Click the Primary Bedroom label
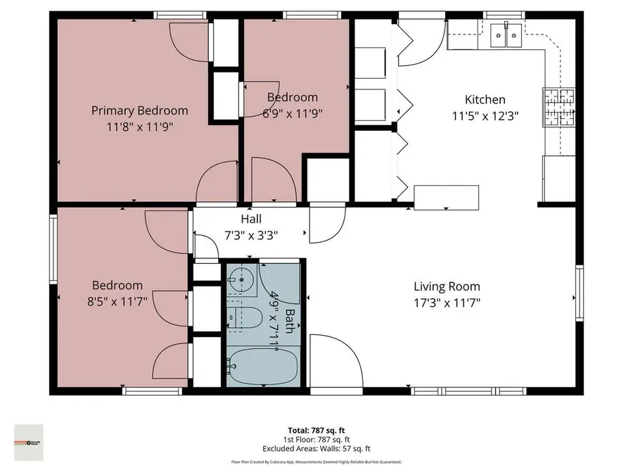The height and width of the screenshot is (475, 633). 140,110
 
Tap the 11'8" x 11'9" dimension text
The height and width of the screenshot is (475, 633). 140,127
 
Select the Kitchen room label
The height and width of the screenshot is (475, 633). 485,99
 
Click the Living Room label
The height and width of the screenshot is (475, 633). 447,286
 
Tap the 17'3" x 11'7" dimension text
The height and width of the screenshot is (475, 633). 447,303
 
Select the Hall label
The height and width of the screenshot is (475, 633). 251,220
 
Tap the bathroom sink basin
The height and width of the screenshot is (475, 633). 243,279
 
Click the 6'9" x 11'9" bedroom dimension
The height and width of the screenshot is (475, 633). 292,113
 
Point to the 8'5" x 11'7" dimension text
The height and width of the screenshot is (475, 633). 117,303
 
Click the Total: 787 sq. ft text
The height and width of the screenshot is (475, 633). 316,429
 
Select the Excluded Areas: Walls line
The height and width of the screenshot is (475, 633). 316,448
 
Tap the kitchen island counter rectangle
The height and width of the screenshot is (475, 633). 446,197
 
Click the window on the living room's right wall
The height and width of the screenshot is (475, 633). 579,293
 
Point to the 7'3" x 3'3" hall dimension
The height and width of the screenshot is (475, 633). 251,236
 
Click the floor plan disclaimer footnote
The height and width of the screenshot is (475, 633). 316,462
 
